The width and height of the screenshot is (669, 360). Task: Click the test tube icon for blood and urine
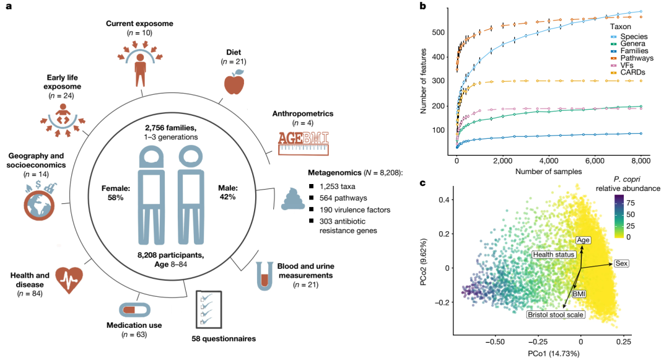coord(265,276)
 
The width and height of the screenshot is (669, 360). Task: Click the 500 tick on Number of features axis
coord(445,32)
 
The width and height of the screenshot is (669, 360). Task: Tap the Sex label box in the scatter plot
coord(621,264)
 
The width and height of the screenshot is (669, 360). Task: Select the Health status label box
coord(554,254)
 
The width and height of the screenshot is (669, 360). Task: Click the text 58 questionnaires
coord(223,339)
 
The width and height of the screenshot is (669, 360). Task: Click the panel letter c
coord(422,183)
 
